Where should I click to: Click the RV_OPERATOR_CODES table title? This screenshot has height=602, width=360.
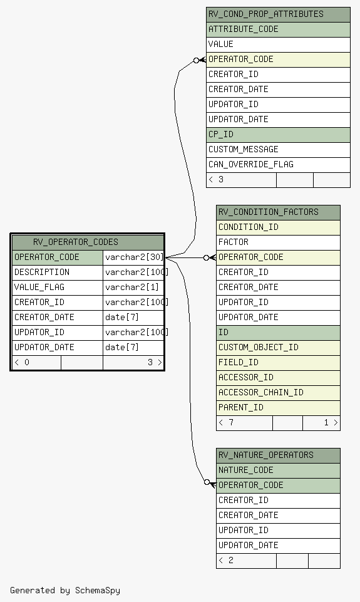76,242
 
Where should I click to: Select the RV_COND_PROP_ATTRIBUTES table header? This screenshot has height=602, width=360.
278,14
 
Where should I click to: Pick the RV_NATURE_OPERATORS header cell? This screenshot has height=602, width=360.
278,455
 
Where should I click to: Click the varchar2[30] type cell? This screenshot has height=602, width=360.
133,257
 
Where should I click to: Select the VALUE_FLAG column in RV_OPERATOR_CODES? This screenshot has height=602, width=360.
58,288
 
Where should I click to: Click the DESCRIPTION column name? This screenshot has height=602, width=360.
42,272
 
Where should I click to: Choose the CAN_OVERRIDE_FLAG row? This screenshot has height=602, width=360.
278,165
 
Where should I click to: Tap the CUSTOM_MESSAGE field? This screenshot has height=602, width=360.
278,150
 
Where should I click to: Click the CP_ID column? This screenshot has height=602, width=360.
278,135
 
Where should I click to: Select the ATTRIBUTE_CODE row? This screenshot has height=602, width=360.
278,29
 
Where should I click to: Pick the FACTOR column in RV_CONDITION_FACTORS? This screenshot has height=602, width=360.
278,242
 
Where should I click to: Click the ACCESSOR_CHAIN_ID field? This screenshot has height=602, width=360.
278,393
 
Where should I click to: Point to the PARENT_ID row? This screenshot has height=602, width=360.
278,408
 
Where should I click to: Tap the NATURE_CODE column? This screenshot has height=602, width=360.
278,470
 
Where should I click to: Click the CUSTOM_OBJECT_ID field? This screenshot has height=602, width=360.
278,348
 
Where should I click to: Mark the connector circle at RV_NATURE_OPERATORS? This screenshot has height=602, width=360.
207,482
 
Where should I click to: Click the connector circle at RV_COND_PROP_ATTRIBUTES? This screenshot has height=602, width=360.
197,60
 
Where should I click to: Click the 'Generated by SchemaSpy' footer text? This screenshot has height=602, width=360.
65,591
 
